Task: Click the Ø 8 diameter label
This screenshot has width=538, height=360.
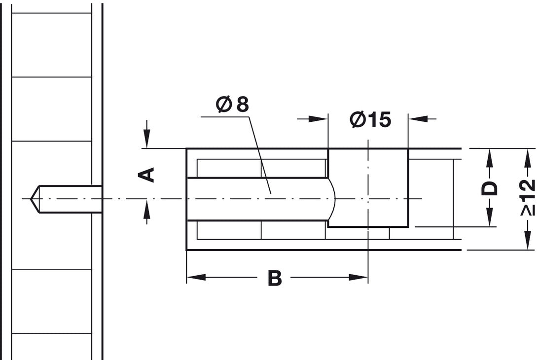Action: click(232, 105)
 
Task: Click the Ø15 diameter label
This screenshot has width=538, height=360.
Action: click(370, 119)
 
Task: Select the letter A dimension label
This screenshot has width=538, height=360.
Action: click(146, 175)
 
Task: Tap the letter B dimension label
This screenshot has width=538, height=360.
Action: click(275, 278)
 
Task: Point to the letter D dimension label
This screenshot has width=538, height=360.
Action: click(489, 188)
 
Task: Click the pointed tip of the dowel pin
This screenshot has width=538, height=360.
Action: click(31, 199)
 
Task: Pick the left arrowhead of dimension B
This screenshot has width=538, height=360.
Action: click(196, 277)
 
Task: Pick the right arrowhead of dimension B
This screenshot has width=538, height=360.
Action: click(358, 277)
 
